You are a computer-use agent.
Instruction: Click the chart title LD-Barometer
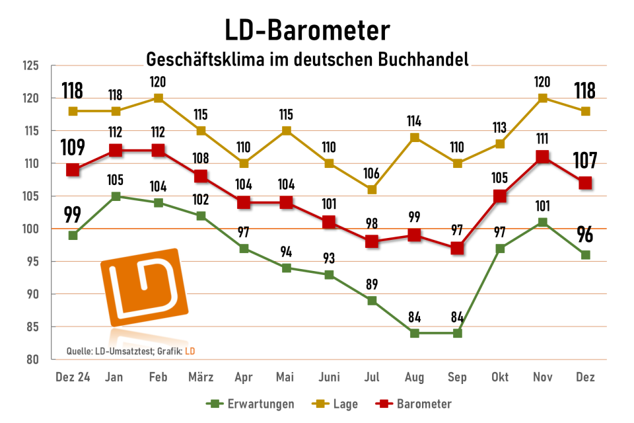[307, 30]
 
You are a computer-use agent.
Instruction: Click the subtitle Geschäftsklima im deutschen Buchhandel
[307, 59]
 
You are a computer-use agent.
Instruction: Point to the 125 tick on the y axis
[30, 66]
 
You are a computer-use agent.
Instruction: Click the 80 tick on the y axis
[33, 360]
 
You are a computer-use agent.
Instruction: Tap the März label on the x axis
[201, 377]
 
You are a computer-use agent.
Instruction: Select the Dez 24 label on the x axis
[73, 377]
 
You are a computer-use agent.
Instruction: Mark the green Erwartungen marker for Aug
[414, 333]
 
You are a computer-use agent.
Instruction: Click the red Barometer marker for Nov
[542, 157]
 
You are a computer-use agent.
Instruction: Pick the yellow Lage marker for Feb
[158, 98]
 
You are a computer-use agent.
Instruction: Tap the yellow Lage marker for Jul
[372, 190]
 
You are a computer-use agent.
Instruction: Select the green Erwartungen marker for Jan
[116, 196]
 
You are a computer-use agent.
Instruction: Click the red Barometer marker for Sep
[457, 249]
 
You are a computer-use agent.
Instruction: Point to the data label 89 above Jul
[372, 286]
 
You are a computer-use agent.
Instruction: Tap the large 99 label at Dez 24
[73, 215]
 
